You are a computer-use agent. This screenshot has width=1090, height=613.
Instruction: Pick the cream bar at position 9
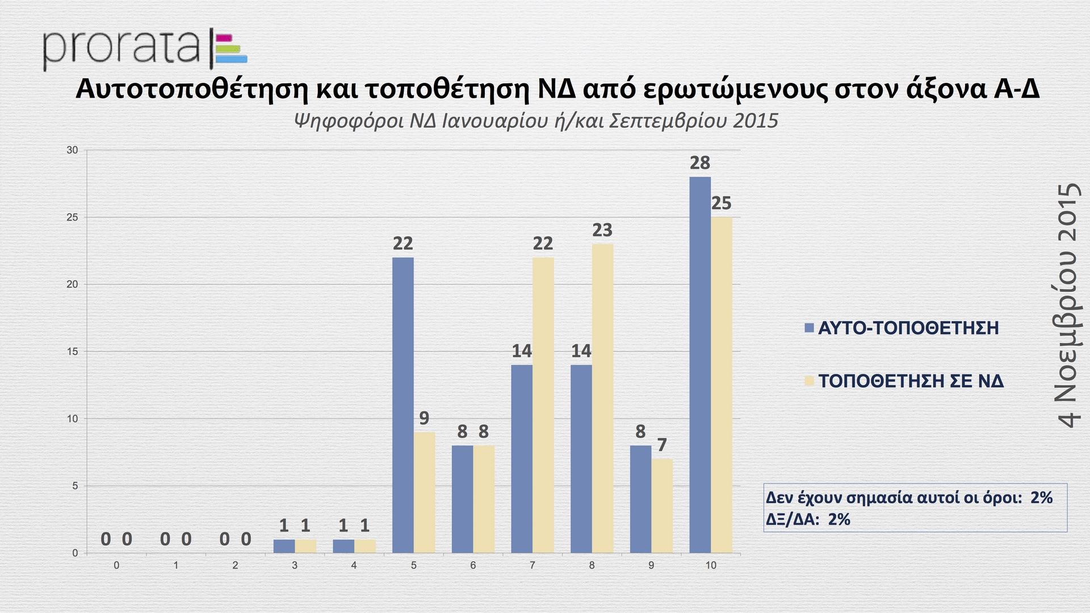pyautogui.click(x=662, y=505)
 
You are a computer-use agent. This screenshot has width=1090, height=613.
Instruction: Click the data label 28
pyautogui.click(x=699, y=163)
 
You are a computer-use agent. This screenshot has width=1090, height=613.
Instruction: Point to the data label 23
pyautogui.click(x=602, y=230)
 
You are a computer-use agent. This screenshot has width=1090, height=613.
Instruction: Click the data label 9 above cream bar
pyautogui.click(x=424, y=418)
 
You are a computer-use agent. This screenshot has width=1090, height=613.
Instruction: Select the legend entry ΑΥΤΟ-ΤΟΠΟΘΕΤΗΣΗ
pyautogui.click(x=908, y=328)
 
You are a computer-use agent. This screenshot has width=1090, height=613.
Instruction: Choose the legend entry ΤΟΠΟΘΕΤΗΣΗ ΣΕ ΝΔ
pyautogui.click(x=911, y=381)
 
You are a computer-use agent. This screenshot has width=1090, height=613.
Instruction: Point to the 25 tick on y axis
pyautogui.click(x=72, y=217)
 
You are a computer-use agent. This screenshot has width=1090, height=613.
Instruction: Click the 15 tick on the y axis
pyautogui.click(x=72, y=352)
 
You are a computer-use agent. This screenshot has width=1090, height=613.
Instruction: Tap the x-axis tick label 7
pyautogui.click(x=532, y=565)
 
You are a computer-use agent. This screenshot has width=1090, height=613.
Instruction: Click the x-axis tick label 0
pyautogui.click(x=116, y=565)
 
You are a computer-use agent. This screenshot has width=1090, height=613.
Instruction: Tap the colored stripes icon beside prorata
pyautogui.click(x=230, y=49)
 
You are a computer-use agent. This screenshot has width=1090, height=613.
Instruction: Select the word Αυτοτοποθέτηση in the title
pyautogui.click(x=191, y=89)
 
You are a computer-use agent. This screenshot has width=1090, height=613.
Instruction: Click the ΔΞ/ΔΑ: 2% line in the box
pyautogui.click(x=808, y=519)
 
